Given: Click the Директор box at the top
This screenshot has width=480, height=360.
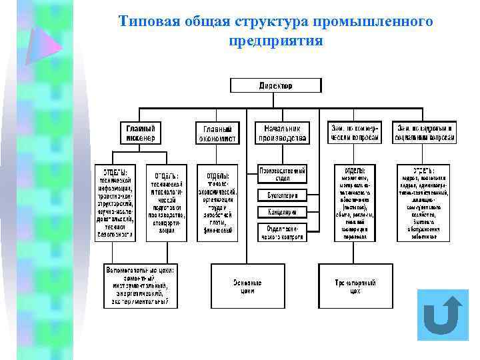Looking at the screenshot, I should (275, 85).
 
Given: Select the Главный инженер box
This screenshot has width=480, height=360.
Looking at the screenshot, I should (141, 132).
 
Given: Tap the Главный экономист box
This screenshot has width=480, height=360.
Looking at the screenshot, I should (217, 133).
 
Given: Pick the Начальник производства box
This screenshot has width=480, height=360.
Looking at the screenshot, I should (282, 132).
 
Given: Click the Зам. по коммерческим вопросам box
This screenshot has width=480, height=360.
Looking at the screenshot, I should (354, 132).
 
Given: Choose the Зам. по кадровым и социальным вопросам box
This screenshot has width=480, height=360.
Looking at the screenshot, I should (425, 132).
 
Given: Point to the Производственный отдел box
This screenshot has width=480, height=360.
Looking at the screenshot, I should (282, 174).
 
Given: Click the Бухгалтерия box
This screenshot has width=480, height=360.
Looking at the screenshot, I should (282, 195).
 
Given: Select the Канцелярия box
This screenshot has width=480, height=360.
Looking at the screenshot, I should (282, 212).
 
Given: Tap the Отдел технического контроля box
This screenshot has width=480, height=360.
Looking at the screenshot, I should (282, 232).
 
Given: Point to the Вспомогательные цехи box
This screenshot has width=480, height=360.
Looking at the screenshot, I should (141, 286).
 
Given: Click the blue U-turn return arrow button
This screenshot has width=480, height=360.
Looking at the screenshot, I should (443, 315).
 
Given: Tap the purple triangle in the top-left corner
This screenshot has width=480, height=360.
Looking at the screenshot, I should (42, 44).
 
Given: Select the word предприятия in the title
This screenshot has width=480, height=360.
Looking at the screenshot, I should (275, 40).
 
